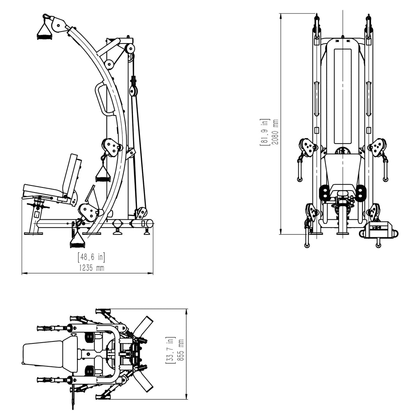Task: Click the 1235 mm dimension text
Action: [91, 268]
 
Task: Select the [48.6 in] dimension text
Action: [91, 257]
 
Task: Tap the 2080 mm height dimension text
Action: [275, 132]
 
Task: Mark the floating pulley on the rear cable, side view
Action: [133, 91]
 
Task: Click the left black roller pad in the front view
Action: [323, 193]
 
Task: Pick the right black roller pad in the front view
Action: [360, 193]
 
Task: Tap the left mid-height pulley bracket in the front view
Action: [308, 148]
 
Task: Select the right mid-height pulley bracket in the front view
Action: [377, 148]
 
